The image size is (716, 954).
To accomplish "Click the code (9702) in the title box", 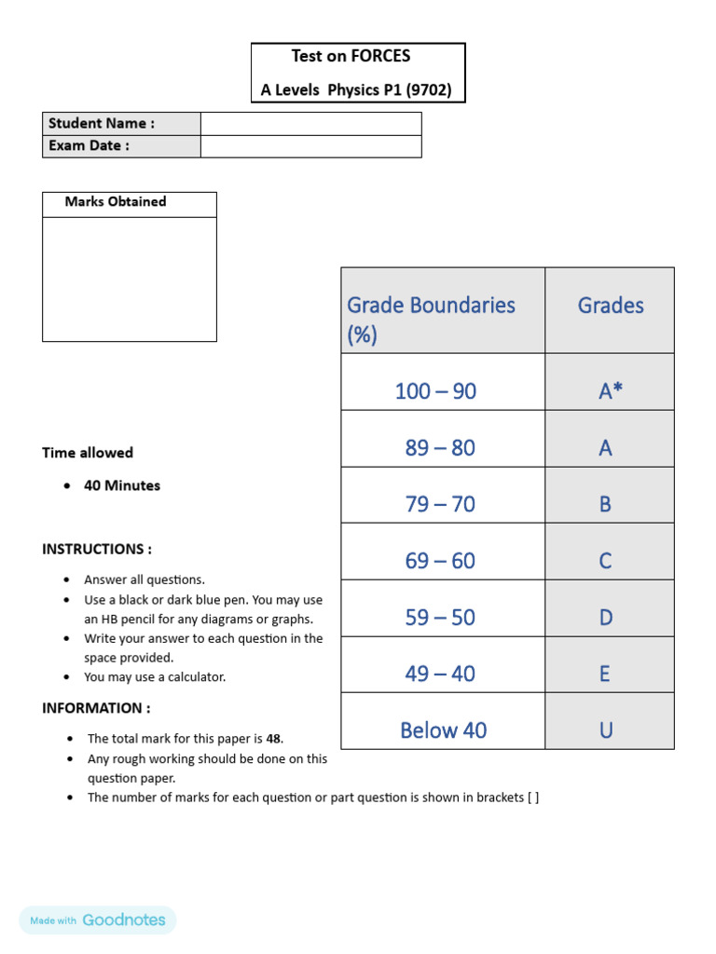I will (421, 90).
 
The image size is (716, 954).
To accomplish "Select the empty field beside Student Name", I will (310, 124).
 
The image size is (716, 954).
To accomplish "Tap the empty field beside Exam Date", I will (310, 146).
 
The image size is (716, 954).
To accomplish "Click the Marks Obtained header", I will (116, 202).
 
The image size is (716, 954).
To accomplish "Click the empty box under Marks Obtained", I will (129, 279).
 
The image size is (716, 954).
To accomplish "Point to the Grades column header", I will (610, 306).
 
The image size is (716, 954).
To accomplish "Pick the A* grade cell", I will (610, 391).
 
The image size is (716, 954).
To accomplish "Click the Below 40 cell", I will (443, 730).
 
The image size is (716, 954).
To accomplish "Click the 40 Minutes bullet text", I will (122, 485).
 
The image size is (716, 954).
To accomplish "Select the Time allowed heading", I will (88, 453).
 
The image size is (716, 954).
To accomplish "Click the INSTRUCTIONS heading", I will (97, 550).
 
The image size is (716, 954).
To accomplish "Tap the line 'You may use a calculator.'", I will (155, 677).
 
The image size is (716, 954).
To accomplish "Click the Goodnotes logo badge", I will (98, 920).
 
